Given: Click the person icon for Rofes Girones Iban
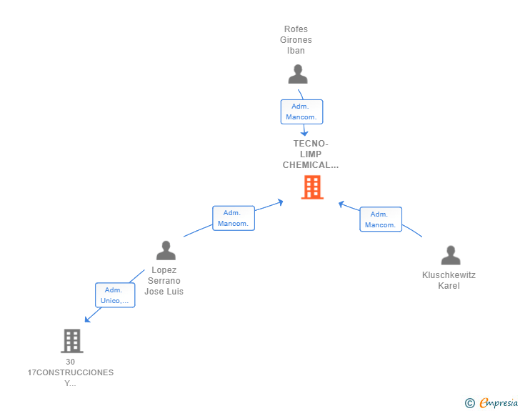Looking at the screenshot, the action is [298, 74].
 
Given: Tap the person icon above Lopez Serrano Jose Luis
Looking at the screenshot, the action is [166, 250].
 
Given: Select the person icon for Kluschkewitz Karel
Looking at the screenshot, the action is [451, 255].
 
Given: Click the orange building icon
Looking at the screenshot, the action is [312, 187].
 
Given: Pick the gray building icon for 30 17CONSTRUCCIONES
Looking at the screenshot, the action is [72, 341].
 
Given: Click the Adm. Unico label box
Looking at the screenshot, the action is [115, 295].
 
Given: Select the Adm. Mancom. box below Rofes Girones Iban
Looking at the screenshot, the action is [301, 112].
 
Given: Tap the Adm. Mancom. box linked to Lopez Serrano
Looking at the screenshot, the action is [234, 218].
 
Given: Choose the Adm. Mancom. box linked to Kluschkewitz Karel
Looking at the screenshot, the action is [381, 219].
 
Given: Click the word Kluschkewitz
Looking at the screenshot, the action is [449, 275].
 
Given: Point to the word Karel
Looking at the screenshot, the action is [449, 285].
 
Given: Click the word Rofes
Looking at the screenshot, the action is [296, 29].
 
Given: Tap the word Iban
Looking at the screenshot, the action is [296, 51].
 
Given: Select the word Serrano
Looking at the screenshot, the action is [164, 280].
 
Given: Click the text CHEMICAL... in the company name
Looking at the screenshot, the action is [311, 165].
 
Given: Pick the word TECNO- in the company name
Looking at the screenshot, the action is [311, 144].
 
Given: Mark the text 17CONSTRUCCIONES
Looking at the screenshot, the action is [70, 372].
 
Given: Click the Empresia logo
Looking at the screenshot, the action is [491, 402].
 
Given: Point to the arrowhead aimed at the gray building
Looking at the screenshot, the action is [88, 320].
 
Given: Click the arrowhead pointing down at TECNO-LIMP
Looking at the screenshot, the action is [304, 134].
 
